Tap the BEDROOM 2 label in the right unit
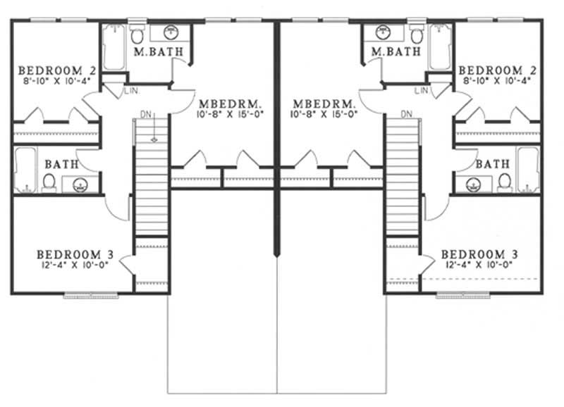tap(498, 70)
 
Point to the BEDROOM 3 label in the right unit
tap(483, 253)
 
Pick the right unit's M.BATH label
tap(396, 51)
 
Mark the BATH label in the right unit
tap(493, 164)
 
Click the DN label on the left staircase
tap(145, 114)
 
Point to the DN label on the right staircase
tap(407, 114)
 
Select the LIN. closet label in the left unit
tap(131, 92)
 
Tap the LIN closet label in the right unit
tap(422, 92)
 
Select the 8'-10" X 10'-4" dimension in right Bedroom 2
tap(498, 80)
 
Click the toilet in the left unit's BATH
tap(49, 182)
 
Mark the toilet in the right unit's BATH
tap(505, 182)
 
